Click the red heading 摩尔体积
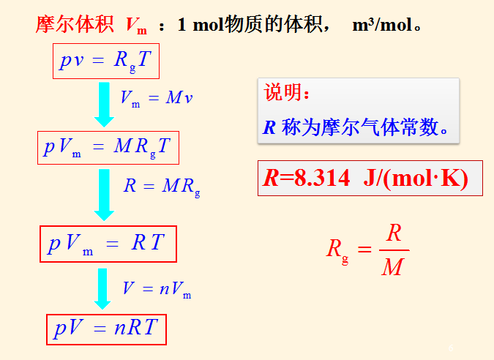[75, 25]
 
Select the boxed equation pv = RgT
[106, 61]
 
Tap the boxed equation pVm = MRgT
[108, 148]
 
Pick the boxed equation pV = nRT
[106, 329]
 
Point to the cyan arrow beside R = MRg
[105, 193]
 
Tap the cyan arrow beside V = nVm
[103, 288]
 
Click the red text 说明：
[287, 93]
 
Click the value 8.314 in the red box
[321, 179]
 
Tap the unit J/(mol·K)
[415, 179]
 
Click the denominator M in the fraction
[393, 267]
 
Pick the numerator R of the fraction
[394, 233]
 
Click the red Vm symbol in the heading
[136, 26]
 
